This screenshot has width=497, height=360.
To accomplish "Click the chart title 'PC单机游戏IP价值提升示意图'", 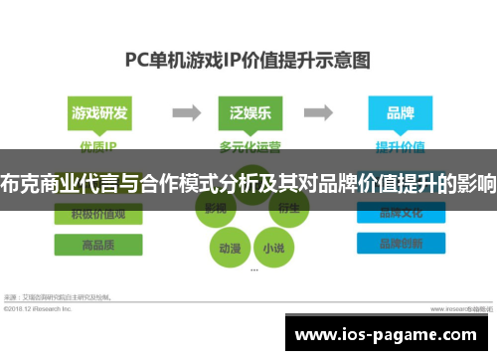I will [248, 60].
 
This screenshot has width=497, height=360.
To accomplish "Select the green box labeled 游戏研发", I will [99, 112].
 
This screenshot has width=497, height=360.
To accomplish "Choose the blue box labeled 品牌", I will [398, 112].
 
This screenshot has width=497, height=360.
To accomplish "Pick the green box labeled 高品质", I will [98, 243].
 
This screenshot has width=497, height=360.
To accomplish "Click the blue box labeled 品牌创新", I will [398, 243].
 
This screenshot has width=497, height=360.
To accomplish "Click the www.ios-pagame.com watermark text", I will [393, 333].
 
